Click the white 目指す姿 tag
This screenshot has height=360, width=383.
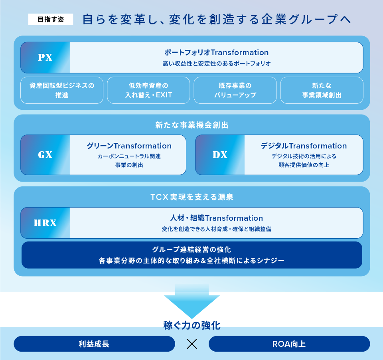click(51, 19)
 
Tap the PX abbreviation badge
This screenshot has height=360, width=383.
click(45, 58)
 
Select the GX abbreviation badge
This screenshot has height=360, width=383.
click(45, 155)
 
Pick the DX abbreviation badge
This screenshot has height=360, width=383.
click(220, 155)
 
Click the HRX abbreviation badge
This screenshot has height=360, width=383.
click(45, 223)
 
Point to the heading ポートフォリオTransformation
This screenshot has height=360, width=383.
click(216, 52)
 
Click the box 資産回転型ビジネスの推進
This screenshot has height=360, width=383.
click(62, 90)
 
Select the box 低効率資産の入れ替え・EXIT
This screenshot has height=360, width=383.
click(148, 90)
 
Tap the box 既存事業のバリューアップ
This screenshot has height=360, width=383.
click(235, 90)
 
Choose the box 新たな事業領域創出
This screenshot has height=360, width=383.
click(322, 90)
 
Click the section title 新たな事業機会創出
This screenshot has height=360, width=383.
click(192, 125)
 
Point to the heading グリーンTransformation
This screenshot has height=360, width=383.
click(129, 146)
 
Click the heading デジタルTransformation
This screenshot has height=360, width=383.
click(304, 146)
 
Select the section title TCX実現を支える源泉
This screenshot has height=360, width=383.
click(192, 197)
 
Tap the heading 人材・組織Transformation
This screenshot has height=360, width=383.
click(216, 218)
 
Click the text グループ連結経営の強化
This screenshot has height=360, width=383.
click(192, 249)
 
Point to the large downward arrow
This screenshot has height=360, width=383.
click(192, 302)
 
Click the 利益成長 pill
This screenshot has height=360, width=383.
click(94, 344)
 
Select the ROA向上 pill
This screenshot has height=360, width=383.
click(289, 344)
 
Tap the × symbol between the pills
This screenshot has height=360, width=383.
click(192, 344)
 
